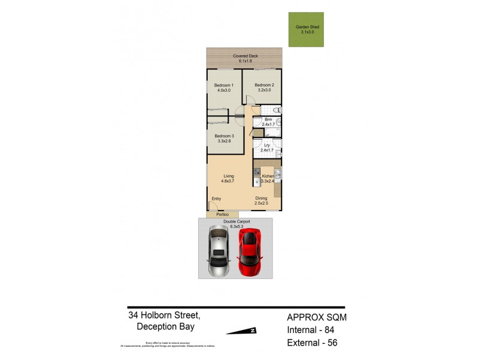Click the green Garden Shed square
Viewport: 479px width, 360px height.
[306, 29]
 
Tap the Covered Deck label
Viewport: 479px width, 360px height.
[244, 59]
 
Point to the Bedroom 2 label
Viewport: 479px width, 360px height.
[264, 88]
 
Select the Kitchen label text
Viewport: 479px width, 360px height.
[268, 176]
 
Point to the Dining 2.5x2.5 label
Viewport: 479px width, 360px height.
[262, 201]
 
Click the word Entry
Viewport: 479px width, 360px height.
[216, 199]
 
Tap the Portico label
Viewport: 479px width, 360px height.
[222, 215]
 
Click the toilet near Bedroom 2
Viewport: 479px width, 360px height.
[277, 110]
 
